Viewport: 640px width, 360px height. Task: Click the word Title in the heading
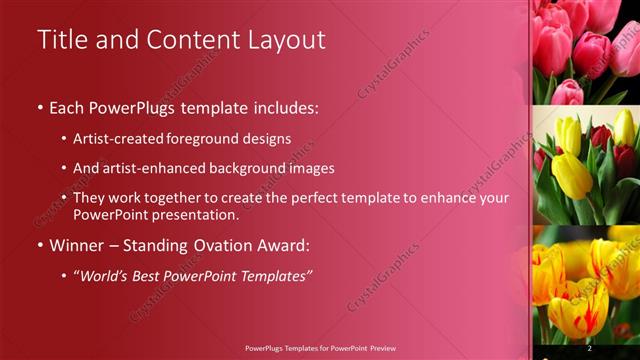[61, 39]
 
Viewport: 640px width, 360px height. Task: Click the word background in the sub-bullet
[252, 169]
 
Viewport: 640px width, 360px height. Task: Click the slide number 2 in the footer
[589, 348]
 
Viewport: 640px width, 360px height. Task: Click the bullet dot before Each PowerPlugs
[40, 107]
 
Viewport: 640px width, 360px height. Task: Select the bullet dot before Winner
[40, 246]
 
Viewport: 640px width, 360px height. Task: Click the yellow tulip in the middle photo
[571, 165]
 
